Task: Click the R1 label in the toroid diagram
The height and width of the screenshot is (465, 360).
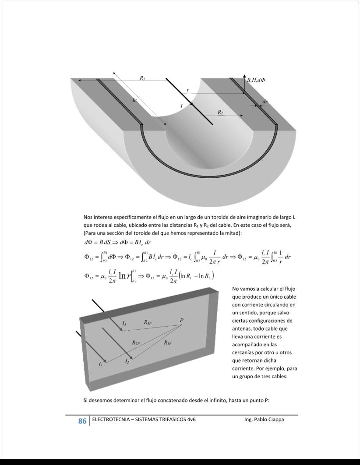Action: click(x=142, y=78)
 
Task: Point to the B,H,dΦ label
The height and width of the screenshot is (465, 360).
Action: click(x=256, y=80)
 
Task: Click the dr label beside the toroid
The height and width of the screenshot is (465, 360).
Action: click(x=265, y=101)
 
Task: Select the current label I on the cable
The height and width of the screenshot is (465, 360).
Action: click(x=181, y=106)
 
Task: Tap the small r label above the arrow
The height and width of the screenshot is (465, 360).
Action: click(x=188, y=90)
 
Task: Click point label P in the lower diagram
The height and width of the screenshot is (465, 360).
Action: click(x=181, y=321)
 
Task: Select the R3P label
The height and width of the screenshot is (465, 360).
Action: click(x=148, y=322)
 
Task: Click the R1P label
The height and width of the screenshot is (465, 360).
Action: click(x=168, y=343)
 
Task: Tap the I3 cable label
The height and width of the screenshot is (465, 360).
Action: click(x=124, y=323)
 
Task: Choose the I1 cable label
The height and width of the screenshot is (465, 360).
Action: click(x=101, y=364)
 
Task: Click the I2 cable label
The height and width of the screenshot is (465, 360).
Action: click(x=127, y=362)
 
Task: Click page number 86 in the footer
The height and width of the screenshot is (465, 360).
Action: click(x=82, y=421)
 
